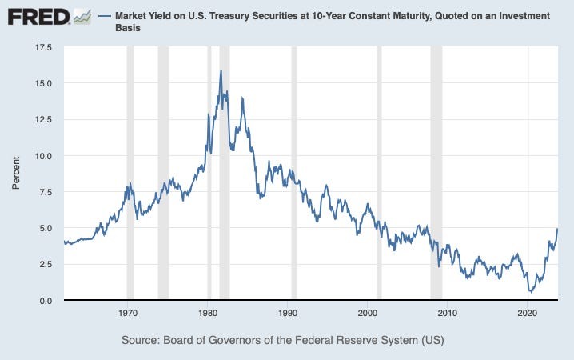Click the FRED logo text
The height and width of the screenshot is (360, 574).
point(35,17)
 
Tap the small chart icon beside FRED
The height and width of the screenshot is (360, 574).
point(82,16)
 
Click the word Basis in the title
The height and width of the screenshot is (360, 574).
point(130,30)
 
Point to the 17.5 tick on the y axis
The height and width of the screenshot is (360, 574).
point(42,47)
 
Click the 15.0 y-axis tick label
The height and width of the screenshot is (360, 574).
point(42,83)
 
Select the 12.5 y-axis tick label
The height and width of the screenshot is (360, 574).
point(42,119)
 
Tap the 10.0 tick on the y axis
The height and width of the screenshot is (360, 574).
point(42,155)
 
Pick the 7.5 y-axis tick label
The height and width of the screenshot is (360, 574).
point(45,192)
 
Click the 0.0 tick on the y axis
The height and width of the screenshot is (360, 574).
point(45,300)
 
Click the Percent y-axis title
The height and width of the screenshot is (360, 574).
point(16,174)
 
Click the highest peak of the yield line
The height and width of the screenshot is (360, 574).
point(221,71)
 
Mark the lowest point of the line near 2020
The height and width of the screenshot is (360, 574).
point(531,292)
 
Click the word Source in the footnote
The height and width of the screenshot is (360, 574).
point(142,341)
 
